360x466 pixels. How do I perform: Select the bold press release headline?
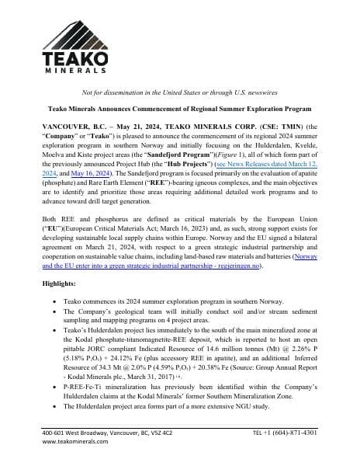click(x=180, y=110)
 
